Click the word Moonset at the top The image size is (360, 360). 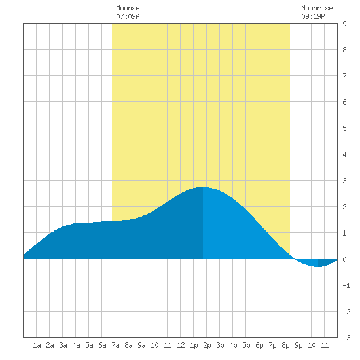(130, 8)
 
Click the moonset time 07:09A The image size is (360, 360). (128, 16)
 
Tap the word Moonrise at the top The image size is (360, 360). (317, 8)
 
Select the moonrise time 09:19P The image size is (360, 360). (313, 16)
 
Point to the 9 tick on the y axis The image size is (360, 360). (344, 24)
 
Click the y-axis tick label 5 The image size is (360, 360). (344, 128)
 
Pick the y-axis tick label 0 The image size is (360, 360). (344, 259)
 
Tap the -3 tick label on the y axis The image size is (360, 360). (346, 338)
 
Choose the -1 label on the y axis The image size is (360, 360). (346, 285)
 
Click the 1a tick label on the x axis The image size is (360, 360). (37, 345)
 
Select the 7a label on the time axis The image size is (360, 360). (115, 345)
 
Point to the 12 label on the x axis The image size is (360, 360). (181, 345)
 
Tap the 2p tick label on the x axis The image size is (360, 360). (207, 345)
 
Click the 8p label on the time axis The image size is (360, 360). (285, 345)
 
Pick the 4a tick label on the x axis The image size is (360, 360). (76, 345)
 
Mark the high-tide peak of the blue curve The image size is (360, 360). (203, 187)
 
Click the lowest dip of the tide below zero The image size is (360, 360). (318, 266)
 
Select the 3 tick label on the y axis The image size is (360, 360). (344, 181)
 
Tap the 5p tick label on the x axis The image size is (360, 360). (246, 345)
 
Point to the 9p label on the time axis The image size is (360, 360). (298, 345)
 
